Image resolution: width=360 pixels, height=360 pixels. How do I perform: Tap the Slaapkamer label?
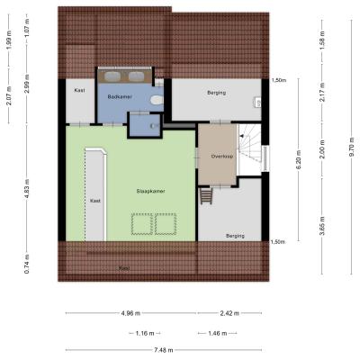pyautogui.click(x=150, y=191)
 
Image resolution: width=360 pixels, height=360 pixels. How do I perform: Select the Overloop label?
pyautogui.click(x=222, y=157)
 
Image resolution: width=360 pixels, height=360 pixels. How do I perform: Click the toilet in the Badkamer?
pyautogui.click(x=157, y=100)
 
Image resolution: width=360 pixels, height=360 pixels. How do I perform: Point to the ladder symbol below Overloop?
pyautogui.click(x=206, y=195)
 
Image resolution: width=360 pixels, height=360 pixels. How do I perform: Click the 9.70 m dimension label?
pyautogui.click(x=352, y=147)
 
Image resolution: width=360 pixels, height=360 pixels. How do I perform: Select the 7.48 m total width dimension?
pyautogui.click(x=164, y=350)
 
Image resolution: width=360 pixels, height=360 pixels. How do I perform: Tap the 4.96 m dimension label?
pyautogui.click(x=130, y=313)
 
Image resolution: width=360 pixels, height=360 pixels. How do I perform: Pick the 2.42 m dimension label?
pyautogui.click(x=229, y=313)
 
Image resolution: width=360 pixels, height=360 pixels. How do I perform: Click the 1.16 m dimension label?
pyautogui.click(x=145, y=333)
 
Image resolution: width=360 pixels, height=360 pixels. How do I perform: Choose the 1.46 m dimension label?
pyautogui.click(x=218, y=333)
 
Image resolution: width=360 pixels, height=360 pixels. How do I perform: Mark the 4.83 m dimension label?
pyautogui.click(x=27, y=188)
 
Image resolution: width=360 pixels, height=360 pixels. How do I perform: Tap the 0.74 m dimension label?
pyautogui.click(x=27, y=264)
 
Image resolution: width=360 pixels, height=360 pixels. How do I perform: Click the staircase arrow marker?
pyautogui.click(x=241, y=137)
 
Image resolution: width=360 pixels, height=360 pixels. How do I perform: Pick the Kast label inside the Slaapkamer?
pyautogui.click(x=95, y=201)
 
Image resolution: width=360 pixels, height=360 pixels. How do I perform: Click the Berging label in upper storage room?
pyautogui.click(x=216, y=93)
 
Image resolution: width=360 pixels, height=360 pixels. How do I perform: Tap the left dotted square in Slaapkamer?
pyautogui.click(x=142, y=224)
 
